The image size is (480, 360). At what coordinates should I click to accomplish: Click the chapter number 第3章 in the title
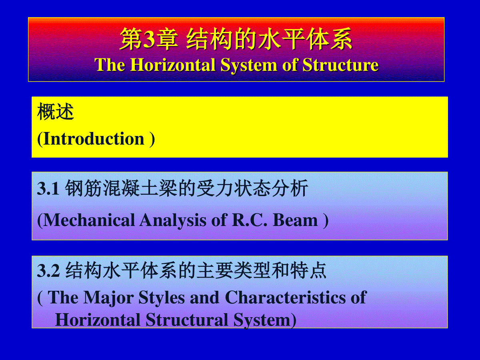point(149,39)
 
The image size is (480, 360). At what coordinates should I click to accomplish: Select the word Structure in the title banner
point(341,65)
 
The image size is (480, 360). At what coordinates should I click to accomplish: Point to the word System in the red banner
point(249,66)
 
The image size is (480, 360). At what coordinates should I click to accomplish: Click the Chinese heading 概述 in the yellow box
point(56,112)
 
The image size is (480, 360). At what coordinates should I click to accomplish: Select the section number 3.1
point(48,188)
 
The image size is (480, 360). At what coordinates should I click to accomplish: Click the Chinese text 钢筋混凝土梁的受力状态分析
point(186,188)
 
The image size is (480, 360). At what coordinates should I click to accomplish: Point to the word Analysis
point(173,221)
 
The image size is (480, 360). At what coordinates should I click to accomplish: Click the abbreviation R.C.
point(250,220)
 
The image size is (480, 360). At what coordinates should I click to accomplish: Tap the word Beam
point(295,220)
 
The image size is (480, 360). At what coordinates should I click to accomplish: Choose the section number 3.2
point(48,271)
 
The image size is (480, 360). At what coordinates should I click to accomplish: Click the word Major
point(109,298)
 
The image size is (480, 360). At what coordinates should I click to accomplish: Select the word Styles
point(162,298)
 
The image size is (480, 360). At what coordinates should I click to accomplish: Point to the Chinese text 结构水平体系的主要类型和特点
point(196,271)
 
